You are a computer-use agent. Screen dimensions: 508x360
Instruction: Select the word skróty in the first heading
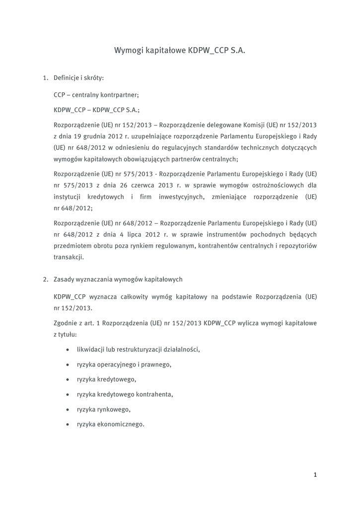pos(92,78)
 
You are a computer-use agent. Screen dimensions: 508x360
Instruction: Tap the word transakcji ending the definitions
pos(69,257)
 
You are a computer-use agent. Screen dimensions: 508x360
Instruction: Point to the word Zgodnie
pos(66,323)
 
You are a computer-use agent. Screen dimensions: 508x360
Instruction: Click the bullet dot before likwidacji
pos(67,350)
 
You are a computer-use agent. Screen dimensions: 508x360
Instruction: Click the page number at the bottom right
pos(315,475)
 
